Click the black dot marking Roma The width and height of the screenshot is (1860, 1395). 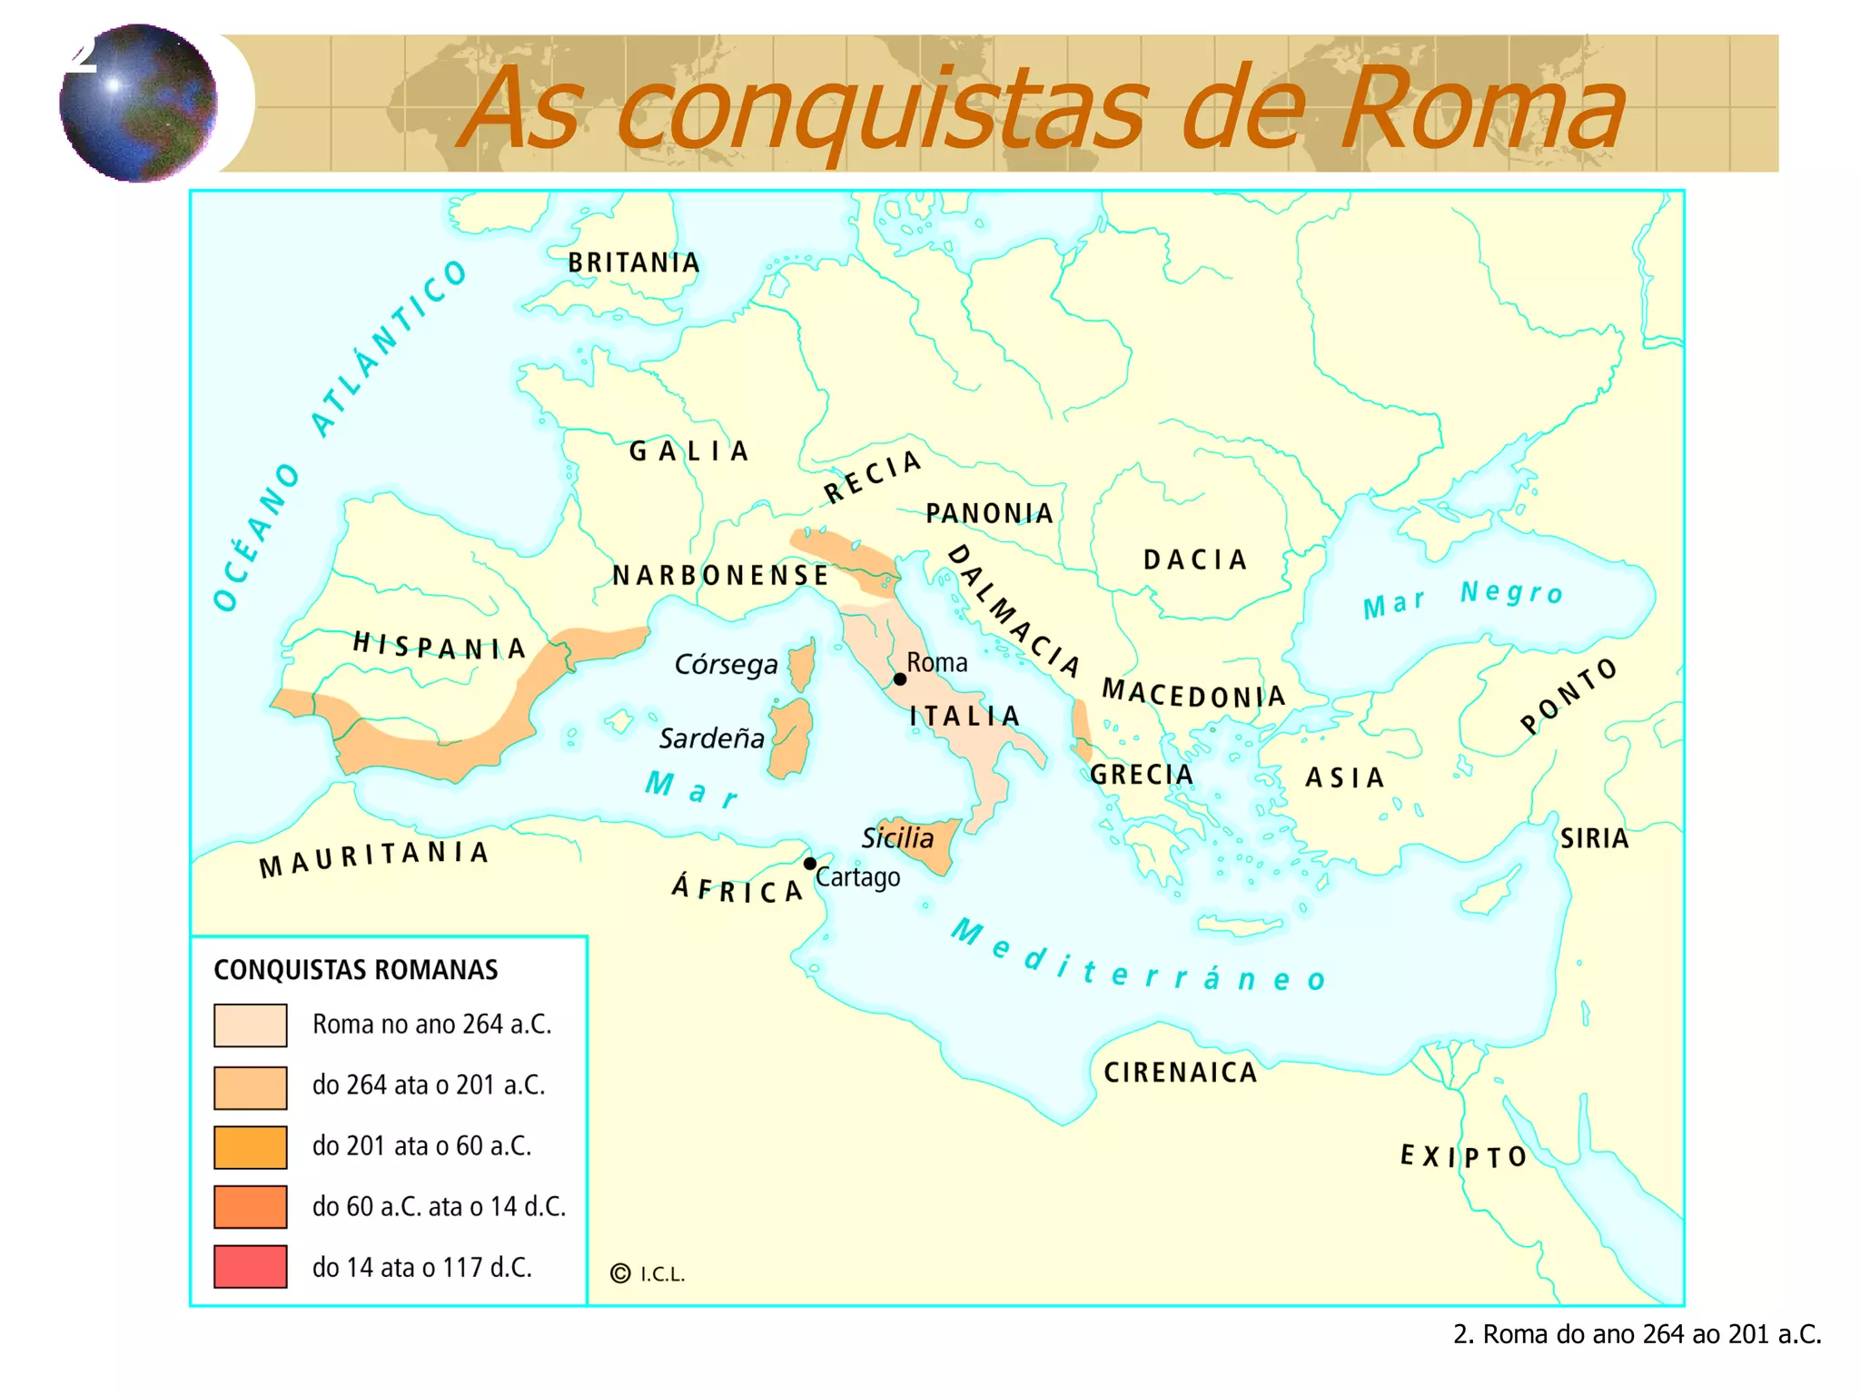coord(899,679)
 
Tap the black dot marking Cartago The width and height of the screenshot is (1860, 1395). coord(810,863)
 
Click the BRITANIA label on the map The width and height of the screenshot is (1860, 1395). coord(634,263)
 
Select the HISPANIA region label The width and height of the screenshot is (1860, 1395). coord(440,646)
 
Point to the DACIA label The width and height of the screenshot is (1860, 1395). coord(1195,559)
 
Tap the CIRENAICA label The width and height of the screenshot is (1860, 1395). coord(1181,1073)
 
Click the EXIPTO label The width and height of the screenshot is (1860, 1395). coord(1463,1156)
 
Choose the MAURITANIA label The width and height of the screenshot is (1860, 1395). coord(374,857)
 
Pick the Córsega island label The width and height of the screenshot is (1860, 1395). coord(726,665)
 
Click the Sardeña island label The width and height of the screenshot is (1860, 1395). coord(712,738)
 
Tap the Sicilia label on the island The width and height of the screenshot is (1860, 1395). coord(897,837)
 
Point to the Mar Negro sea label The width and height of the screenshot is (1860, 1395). coord(1463,598)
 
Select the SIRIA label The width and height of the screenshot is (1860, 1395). coord(1594,838)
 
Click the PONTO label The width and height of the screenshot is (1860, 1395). coord(1568,696)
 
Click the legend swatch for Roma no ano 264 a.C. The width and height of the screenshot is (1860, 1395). coord(251,1025)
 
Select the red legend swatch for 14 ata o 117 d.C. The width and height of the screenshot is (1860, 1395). coord(251,1267)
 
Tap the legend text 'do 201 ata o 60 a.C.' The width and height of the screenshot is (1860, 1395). coord(421,1146)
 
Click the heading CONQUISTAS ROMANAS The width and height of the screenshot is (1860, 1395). coord(356,970)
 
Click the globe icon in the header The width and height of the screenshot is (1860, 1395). coord(138,104)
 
